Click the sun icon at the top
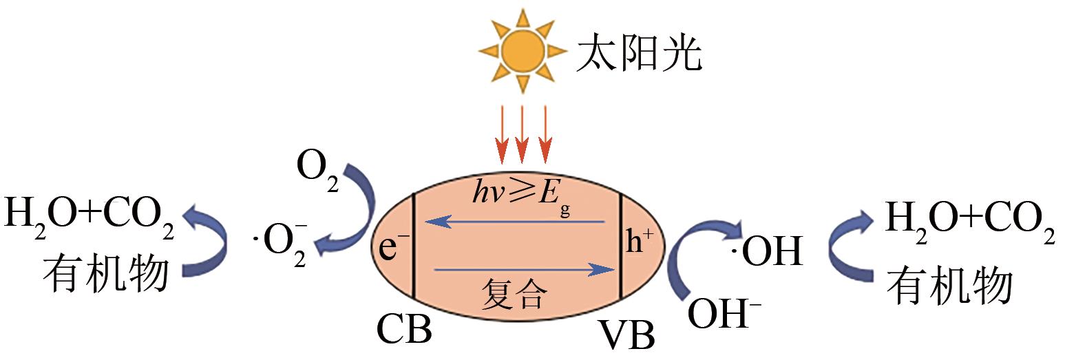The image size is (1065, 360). [523, 50]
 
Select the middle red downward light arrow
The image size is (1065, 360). [522, 134]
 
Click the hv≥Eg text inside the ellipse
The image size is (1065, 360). [521, 197]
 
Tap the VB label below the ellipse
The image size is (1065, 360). [628, 335]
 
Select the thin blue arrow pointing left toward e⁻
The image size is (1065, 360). [514, 222]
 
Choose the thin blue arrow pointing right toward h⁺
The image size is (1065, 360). [525, 270]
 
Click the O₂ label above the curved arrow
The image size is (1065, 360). [317, 172]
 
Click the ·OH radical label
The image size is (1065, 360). [766, 251]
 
